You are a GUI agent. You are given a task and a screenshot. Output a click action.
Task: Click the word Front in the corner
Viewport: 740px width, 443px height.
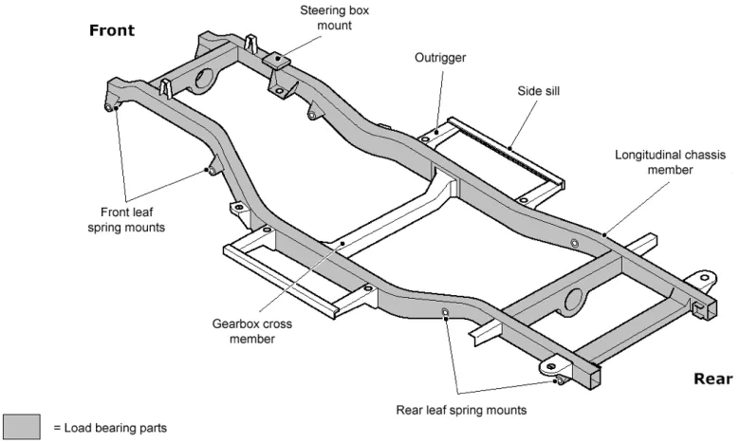[112, 30]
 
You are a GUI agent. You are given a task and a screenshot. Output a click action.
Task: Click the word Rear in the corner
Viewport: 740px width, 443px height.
[712, 378]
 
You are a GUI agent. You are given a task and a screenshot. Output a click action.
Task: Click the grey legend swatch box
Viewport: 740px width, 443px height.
[21, 428]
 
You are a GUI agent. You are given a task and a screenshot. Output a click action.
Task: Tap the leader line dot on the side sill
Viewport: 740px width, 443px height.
[510, 148]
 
